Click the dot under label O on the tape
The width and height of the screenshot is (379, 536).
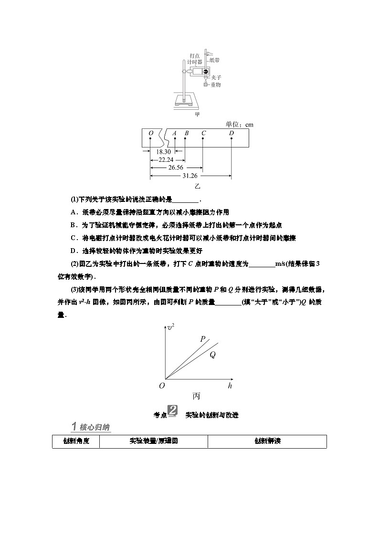(x=150, y=139)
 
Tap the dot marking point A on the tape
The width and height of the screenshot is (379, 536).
(x=175, y=139)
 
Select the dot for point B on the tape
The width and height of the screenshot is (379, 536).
(x=185, y=139)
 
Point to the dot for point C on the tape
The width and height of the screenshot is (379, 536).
(x=203, y=139)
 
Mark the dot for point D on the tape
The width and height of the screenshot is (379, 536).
(x=232, y=139)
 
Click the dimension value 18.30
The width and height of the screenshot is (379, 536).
(x=162, y=151)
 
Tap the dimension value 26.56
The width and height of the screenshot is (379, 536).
(x=176, y=168)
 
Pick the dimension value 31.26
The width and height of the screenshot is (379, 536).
(x=190, y=176)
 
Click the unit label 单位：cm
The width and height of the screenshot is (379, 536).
(x=239, y=125)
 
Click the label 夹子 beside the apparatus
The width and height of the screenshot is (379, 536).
(x=216, y=77)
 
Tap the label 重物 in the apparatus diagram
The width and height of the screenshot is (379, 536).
(x=216, y=84)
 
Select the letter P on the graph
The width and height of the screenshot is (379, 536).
(x=203, y=339)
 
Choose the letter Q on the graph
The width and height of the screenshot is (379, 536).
(x=212, y=355)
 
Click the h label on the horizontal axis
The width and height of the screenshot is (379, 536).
(x=230, y=385)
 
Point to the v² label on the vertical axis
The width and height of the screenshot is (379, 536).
(x=170, y=327)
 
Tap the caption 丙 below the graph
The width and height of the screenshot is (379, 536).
(x=196, y=396)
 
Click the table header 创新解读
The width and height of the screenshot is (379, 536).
(x=267, y=441)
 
